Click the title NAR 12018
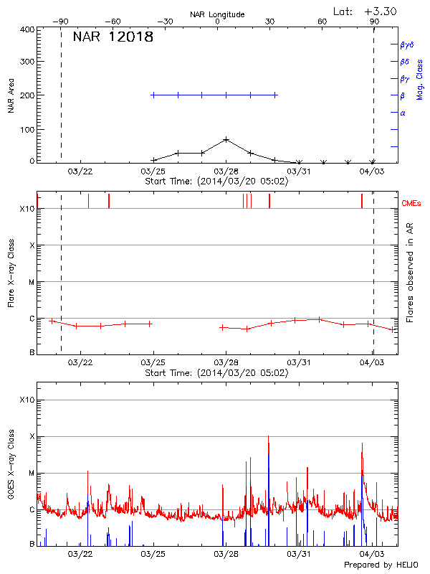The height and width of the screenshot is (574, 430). tap(113, 37)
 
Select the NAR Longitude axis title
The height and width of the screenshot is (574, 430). tap(217, 14)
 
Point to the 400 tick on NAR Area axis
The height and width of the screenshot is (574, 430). tap(27, 29)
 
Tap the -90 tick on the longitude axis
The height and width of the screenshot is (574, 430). tap(62, 22)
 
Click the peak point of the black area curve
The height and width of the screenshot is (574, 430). tap(226, 139)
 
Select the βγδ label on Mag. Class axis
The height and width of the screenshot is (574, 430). tap(406, 44)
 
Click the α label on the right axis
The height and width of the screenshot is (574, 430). tap(403, 113)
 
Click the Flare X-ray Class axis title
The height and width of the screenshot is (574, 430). tap(11, 273)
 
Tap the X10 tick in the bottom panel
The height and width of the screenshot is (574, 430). tap(27, 400)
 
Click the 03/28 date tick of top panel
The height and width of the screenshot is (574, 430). tap(226, 171)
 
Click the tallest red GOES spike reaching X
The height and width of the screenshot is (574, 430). tap(269, 438)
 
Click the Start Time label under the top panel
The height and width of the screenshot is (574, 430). tap(216, 181)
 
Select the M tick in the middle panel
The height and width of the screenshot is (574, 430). tap(32, 282)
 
